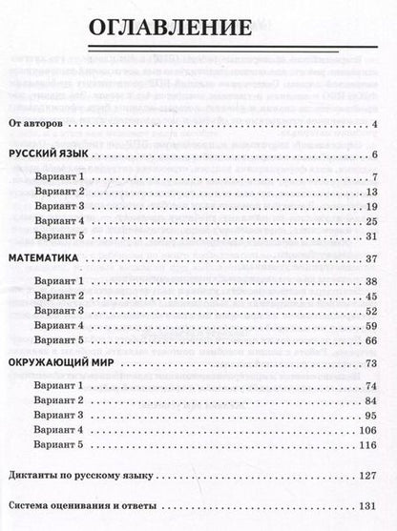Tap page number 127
click(370, 474)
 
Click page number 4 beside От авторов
click(377, 125)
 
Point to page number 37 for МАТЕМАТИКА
click(373, 258)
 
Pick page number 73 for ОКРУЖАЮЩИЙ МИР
click(373, 363)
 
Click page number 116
click(370, 444)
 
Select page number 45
click(373, 296)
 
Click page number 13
click(373, 192)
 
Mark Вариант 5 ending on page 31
click(59, 235)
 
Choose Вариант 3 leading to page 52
click(59, 311)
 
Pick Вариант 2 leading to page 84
click(59, 400)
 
